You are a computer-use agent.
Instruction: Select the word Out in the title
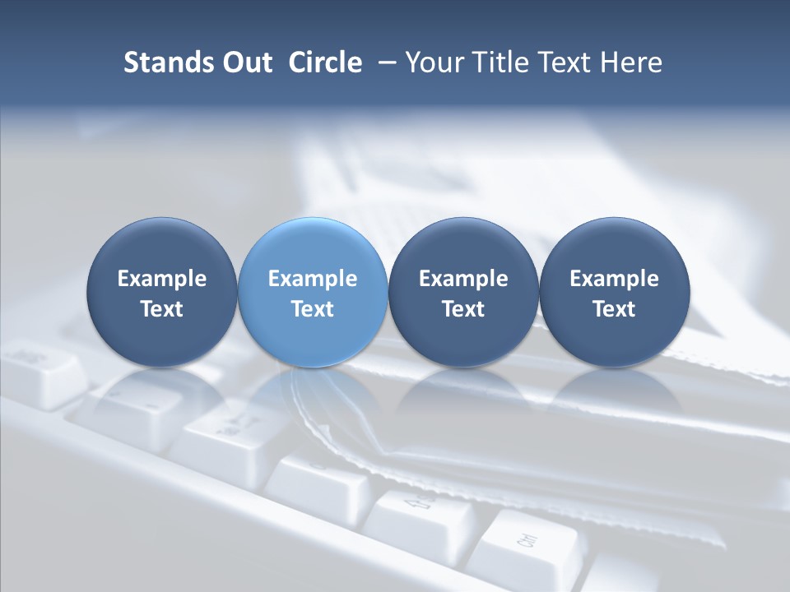(x=245, y=62)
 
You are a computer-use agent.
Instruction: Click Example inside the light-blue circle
(x=313, y=279)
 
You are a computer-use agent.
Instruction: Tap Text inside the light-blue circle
(x=313, y=309)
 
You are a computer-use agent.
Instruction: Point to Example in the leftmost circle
(x=161, y=279)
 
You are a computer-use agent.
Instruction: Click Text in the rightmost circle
(x=614, y=309)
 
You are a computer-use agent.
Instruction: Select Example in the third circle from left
(x=463, y=279)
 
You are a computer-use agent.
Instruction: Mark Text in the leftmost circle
(x=161, y=309)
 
